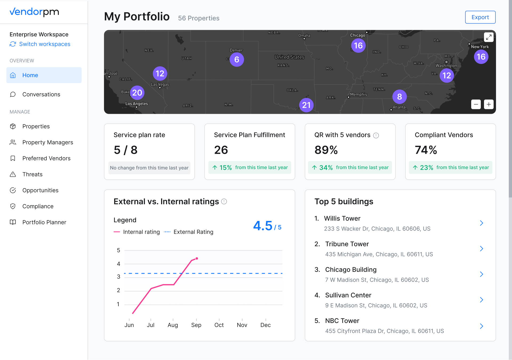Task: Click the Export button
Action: click(480, 17)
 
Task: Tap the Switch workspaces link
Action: click(45, 44)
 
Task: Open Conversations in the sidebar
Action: click(41, 94)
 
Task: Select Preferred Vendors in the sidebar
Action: click(46, 158)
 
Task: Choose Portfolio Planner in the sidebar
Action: click(44, 222)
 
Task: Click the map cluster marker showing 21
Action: click(306, 105)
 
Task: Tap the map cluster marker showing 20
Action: click(137, 93)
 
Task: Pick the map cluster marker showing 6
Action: click(237, 59)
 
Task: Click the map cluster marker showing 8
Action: click(399, 96)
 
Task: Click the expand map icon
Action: click(489, 37)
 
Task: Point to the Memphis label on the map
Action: click(358, 94)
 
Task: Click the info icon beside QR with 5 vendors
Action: click(376, 135)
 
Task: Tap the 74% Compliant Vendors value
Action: click(426, 150)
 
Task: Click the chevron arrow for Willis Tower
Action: click(481, 223)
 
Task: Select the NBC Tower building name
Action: click(342, 321)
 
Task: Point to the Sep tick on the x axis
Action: click(196, 325)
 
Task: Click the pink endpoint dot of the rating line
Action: click(197, 258)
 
